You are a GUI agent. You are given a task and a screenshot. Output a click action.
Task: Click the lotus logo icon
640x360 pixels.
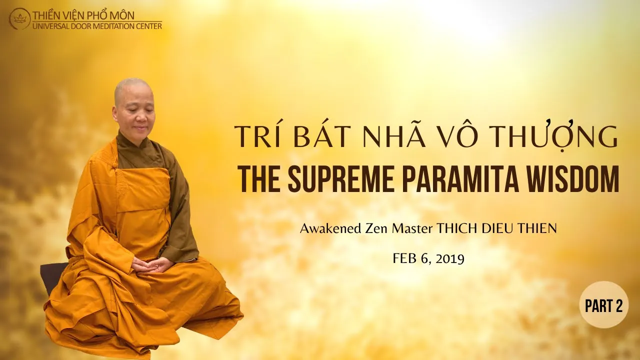19,19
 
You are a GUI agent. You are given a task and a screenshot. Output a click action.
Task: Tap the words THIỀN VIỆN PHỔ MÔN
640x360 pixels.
83,15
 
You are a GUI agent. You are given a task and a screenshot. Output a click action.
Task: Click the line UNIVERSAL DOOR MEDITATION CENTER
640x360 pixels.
97,26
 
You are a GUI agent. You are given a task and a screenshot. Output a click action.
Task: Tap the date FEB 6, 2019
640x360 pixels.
428,259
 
